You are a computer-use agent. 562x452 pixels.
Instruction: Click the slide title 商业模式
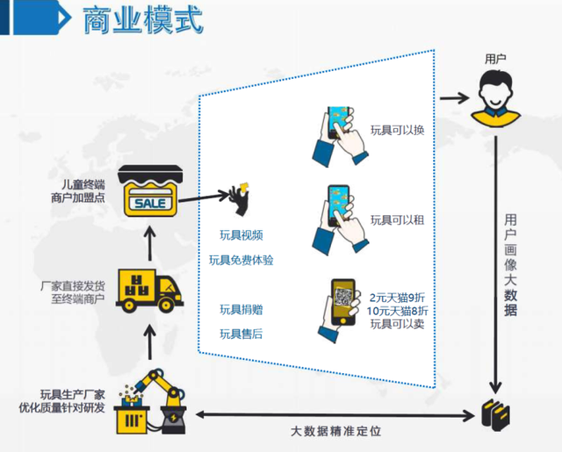tap(142, 20)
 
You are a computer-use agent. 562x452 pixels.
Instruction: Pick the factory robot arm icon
tap(151, 400)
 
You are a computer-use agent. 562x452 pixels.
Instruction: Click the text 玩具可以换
tap(398, 131)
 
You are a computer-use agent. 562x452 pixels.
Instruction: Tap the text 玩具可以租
tap(398, 219)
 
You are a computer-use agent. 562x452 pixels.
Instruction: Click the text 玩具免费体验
tap(241, 260)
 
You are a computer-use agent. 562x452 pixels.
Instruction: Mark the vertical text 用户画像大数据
tap(510, 264)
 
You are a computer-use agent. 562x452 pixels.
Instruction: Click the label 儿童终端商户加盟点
tap(78, 190)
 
